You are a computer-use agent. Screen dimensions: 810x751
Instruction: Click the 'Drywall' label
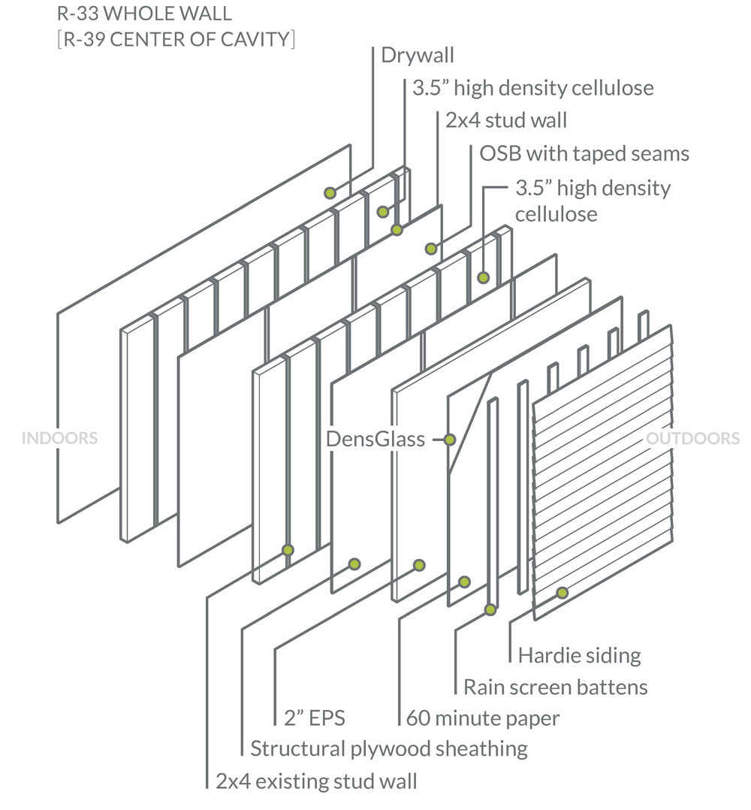pyautogui.click(x=417, y=55)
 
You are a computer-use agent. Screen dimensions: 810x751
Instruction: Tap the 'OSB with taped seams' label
pyautogui.click(x=584, y=153)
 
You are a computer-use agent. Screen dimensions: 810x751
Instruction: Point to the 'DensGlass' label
pyautogui.click(x=375, y=439)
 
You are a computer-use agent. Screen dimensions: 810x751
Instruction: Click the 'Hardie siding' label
pyautogui.click(x=579, y=655)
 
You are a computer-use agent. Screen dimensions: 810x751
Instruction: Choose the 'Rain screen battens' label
pyautogui.click(x=555, y=687)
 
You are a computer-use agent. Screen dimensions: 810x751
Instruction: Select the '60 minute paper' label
pyautogui.click(x=483, y=718)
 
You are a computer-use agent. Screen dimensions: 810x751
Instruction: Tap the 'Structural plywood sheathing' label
pyautogui.click(x=389, y=748)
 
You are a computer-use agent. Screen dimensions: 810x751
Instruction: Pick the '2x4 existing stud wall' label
pyautogui.click(x=316, y=781)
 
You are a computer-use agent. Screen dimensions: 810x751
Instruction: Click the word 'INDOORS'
pyautogui.click(x=60, y=438)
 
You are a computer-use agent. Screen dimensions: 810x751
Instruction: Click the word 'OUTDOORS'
pyautogui.click(x=693, y=438)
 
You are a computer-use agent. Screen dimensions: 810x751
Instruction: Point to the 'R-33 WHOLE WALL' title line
pyautogui.click(x=144, y=13)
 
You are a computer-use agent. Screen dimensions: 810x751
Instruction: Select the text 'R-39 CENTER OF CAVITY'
pyautogui.click(x=176, y=38)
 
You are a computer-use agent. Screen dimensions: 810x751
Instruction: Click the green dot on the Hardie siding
pyautogui.click(x=562, y=593)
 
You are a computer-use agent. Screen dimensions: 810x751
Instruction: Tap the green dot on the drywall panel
pyautogui.click(x=330, y=193)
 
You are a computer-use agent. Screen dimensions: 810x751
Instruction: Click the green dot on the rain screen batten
pyautogui.click(x=490, y=610)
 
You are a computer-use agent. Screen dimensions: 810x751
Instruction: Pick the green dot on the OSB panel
pyautogui.click(x=431, y=248)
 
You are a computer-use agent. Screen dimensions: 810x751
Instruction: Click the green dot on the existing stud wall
pyautogui.click(x=287, y=550)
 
